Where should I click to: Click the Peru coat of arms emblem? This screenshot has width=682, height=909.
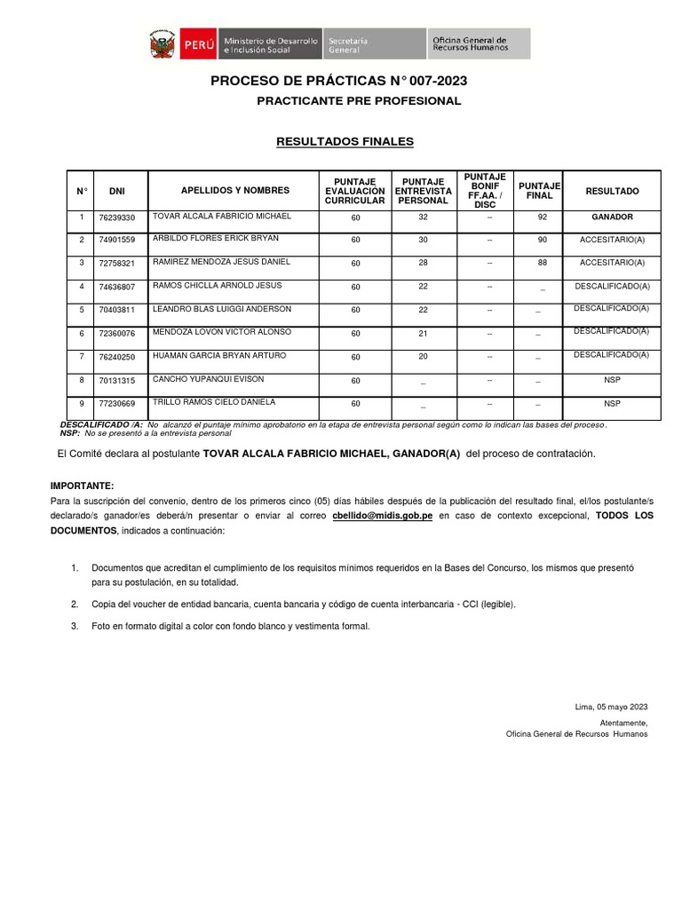coord(163,44)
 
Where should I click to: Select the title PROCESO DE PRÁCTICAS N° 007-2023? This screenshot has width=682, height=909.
coord(338,82)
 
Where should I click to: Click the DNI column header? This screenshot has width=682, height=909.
coord(117,191)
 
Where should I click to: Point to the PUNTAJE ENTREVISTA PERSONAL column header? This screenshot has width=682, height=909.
coord(423,191)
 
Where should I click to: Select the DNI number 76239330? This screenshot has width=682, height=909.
coord(117,217)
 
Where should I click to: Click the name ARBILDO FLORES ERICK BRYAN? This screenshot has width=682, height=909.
coord(216,239)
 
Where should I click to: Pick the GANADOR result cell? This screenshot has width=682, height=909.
coord(612,217)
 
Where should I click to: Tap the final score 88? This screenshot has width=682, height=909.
coord(542,263)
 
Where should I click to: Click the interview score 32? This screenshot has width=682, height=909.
coord(423,217)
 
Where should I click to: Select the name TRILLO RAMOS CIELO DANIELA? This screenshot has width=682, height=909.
coord(214,401)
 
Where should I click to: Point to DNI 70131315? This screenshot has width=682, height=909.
coord(117,381)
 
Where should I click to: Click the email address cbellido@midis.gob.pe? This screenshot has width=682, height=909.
coord(383,516)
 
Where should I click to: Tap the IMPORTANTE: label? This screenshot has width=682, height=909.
coord(82,486)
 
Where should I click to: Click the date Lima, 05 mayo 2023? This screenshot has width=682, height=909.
coord(612,707)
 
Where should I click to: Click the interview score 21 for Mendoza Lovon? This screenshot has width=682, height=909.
coord(423,333)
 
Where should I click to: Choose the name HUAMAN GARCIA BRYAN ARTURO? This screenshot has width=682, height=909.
coord(219,355)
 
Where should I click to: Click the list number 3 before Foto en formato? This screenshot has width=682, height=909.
coord(75,626)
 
